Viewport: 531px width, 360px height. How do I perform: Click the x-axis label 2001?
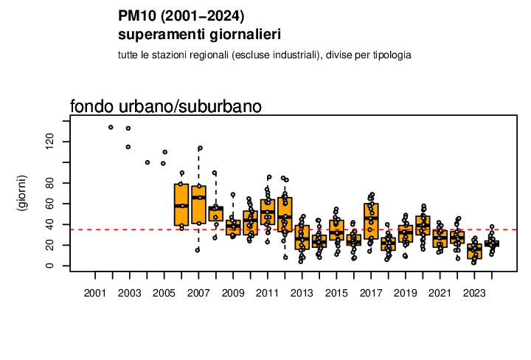click(95, 293)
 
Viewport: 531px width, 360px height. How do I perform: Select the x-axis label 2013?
click(302, 293)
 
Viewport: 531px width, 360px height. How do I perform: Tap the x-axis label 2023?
click(474, 293)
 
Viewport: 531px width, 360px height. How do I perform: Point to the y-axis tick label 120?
click(49, 142)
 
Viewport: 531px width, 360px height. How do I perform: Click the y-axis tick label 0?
click(49, 266)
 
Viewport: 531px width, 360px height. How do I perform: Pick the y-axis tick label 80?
click(49, 183)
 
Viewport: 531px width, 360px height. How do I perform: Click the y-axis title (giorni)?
click(21, 193)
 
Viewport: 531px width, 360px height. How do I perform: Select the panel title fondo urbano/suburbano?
click(166, 106)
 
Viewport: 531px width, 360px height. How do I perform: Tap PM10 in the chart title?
click(137, 16)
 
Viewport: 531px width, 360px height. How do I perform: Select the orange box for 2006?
click(181, 204)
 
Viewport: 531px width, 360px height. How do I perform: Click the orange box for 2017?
click(371, 221)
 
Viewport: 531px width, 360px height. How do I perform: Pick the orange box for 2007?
click(199, 204)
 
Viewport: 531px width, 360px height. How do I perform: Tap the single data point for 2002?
click(111, 128)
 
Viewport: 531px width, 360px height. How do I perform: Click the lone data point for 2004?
click(147, 162)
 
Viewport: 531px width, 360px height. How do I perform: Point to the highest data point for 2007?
click(200, 148)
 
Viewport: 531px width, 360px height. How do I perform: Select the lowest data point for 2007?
click(198, 250)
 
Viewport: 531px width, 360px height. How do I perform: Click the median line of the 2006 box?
click(181, 206)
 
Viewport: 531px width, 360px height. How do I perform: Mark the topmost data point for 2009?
click(233, 195)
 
